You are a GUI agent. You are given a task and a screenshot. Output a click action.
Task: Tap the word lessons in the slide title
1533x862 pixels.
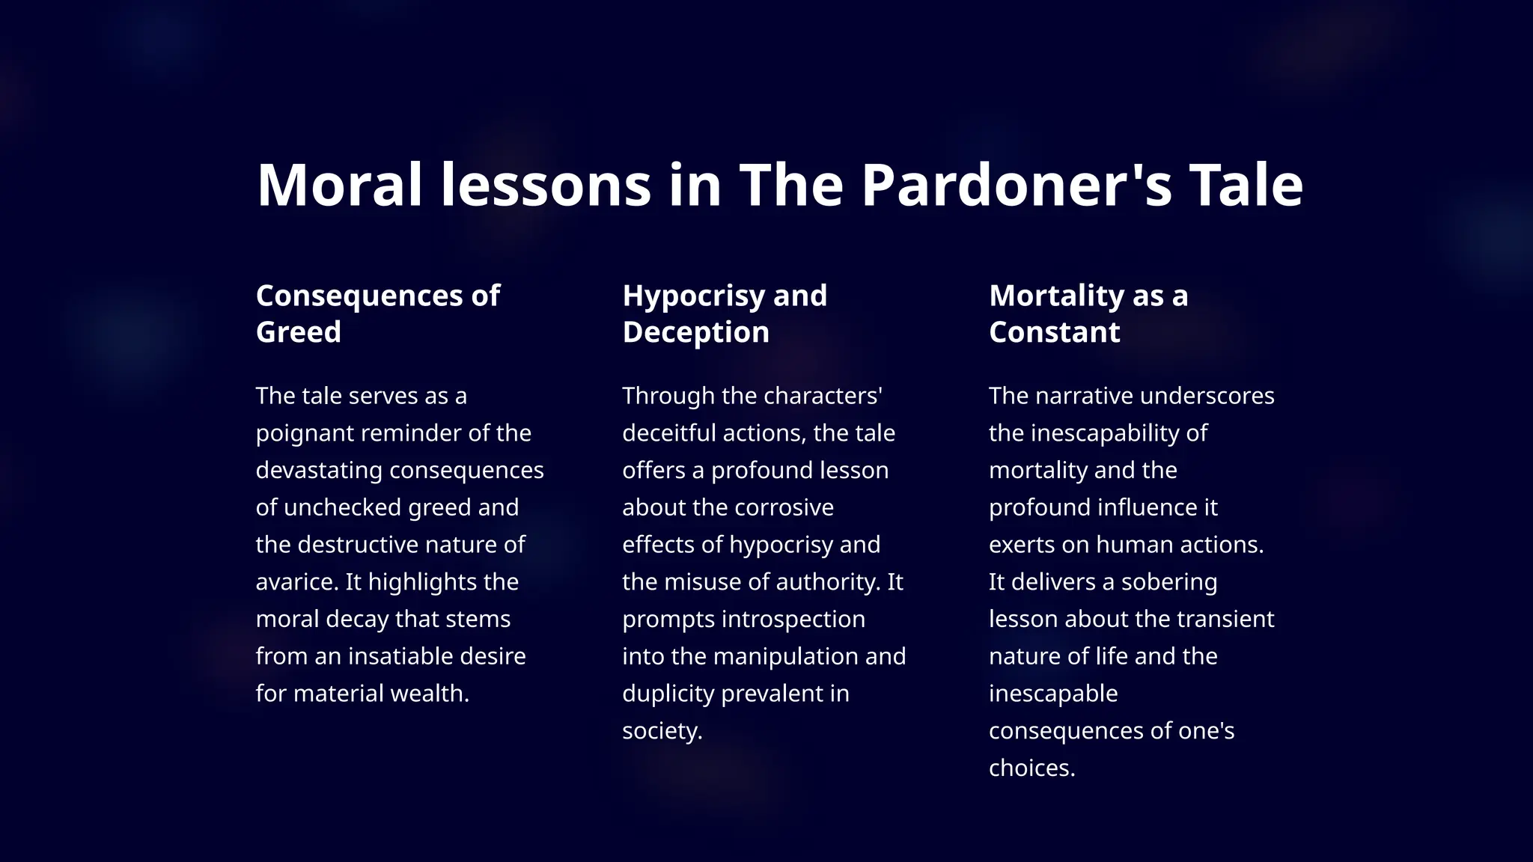pyautogui.click(x=545, y=185)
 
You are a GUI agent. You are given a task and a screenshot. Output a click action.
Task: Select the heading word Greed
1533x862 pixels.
pyautogui.click(x=298, y=331)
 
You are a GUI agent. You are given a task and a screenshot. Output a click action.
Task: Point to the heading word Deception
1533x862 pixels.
pyautogui.click(x=695, y=331)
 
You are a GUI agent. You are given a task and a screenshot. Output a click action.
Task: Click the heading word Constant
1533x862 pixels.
pyautogui.click(x=1054, y=331)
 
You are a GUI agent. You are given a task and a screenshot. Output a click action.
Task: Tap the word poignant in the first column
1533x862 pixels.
pyautogui.click(x=304, y=433)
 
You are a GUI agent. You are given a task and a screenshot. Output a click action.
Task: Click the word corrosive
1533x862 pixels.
pyautogui.click(x=785, y=507)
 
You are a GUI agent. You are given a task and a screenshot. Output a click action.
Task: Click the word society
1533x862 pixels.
pyautogui.click(x=662, y=731)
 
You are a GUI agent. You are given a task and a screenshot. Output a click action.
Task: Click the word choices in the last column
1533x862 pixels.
pyautogui.click(x=1031, y=768)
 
